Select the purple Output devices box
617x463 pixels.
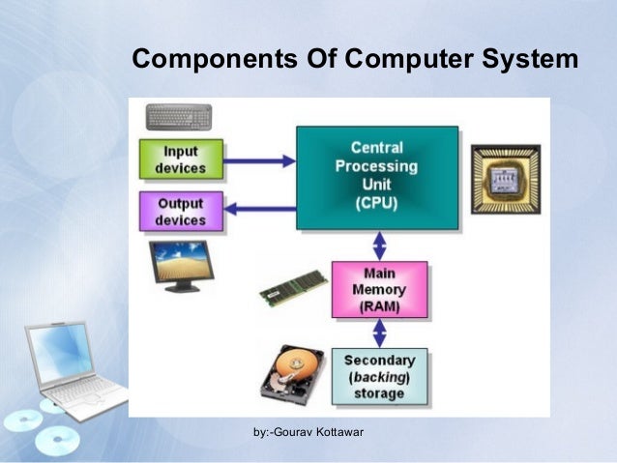click(181, 212)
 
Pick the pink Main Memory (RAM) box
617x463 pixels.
click(380, 289)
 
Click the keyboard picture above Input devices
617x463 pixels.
click(180, 118)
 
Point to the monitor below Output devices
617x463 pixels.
click(179, 265)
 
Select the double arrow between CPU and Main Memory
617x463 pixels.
click(379, 244)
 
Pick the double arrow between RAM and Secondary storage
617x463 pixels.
click(379, 333)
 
